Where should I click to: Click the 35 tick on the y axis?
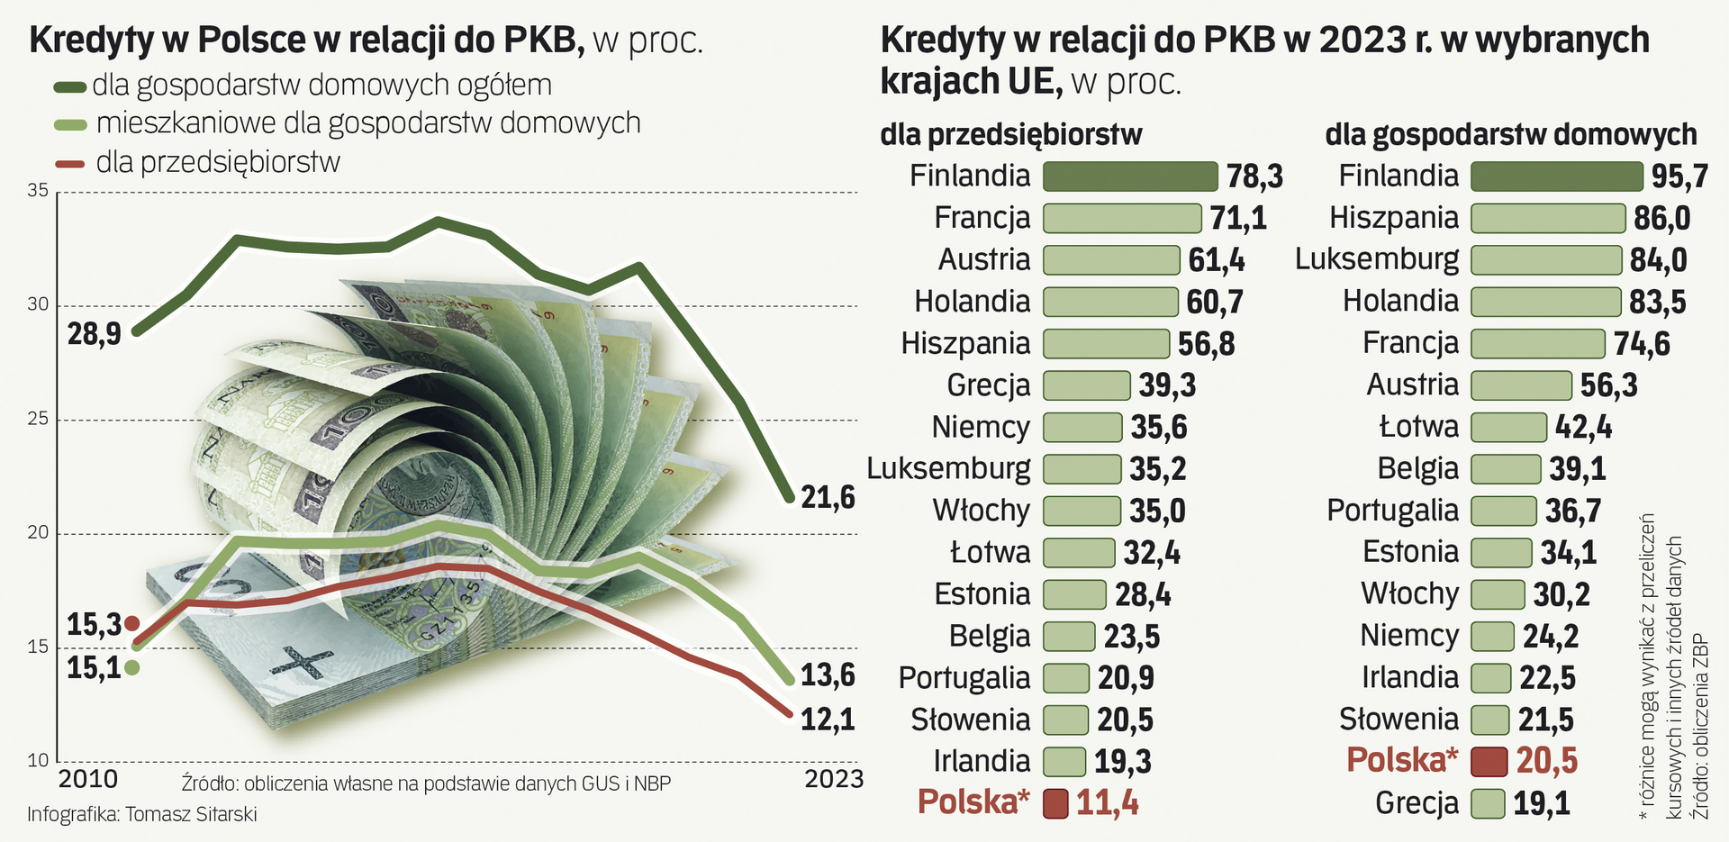38,190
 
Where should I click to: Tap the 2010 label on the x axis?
87,780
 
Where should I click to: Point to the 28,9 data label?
94,335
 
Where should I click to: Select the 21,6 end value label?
828,497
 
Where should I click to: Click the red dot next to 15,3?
131,623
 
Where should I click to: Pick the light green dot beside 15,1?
131,667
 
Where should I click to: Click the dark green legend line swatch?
69,87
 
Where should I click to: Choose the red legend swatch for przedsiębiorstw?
69,164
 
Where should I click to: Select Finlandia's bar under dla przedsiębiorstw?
1129,177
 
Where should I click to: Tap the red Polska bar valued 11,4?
1055,803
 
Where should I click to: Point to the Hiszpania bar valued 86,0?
1547,218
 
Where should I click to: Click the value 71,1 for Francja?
1238,218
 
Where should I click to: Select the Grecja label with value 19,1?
1417,803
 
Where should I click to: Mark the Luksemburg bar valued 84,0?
1545,260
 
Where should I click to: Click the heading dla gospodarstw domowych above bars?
1510,135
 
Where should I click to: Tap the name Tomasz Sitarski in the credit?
191,814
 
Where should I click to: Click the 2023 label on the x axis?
833,779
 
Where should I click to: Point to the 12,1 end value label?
828,720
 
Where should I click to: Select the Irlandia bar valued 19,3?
1064,762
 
